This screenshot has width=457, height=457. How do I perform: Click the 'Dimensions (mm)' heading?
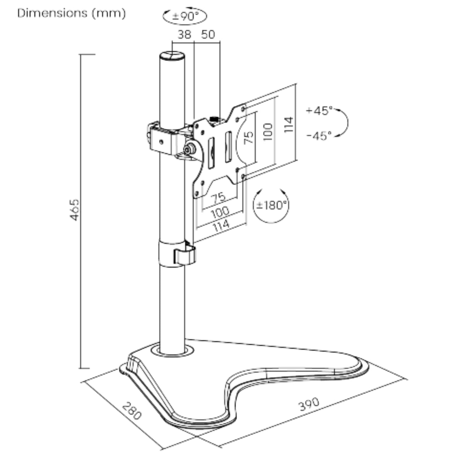71,13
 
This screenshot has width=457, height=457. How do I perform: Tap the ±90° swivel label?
185,16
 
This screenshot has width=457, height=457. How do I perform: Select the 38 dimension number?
184,34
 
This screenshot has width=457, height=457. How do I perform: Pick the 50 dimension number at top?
208,34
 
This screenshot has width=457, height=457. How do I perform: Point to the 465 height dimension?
75,210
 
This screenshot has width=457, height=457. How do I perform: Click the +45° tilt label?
319,111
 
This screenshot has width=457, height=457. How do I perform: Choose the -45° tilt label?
319,136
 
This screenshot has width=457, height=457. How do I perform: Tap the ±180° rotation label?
271,205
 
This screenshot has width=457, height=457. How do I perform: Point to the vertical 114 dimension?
288,125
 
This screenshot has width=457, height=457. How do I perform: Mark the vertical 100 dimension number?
268,132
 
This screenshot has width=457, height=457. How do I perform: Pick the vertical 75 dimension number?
249,137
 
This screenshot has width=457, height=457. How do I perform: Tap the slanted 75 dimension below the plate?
219,198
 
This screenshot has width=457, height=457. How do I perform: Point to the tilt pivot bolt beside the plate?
190,148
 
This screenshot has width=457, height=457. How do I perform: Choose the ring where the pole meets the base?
172,350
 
